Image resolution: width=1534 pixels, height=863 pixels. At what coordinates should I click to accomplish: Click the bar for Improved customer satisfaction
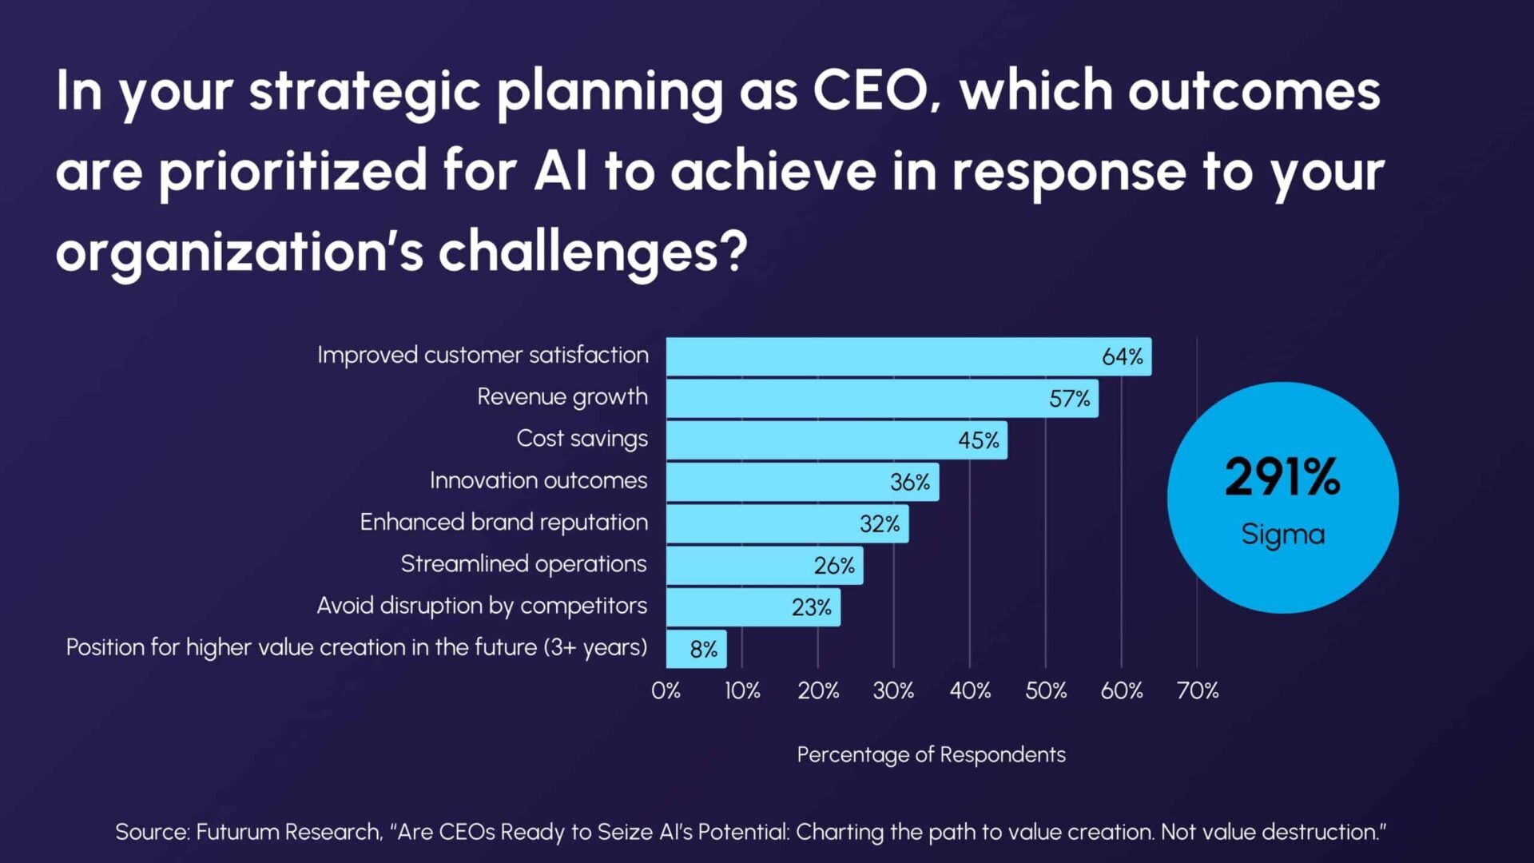(908, 356)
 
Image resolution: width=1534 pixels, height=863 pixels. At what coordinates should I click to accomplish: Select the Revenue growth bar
(882, 398)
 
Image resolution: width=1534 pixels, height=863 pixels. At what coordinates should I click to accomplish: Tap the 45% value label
(979, 440)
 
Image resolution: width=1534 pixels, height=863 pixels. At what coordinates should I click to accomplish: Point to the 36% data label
(910, 482)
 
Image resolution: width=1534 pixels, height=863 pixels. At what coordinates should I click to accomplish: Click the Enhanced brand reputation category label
(503, 522)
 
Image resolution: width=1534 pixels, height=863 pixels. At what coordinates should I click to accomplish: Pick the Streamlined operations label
(523, 563)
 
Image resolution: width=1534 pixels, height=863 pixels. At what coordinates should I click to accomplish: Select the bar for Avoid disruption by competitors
(753, 607)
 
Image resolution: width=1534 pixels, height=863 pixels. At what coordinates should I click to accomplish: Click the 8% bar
(696, 649)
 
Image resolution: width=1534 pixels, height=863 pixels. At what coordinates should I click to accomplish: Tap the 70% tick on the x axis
(1197, 690)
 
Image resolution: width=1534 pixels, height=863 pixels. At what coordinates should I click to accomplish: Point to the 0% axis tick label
(666, 690)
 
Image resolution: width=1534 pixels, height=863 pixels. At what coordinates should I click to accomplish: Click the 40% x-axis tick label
(970, 690)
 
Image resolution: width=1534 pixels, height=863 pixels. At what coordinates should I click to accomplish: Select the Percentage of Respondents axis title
(931, 754)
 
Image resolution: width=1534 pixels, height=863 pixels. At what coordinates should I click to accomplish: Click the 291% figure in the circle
(1282, 477)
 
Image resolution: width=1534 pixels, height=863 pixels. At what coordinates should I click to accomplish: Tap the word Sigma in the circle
(1282, 534)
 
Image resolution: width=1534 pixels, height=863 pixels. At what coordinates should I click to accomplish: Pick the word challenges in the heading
(591, 252)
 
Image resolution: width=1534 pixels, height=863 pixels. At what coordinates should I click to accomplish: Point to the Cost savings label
(582, 439)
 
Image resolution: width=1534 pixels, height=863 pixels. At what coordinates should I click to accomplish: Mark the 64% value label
(1122, 356)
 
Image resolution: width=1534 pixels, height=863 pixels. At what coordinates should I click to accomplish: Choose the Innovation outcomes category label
(538, 480)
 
